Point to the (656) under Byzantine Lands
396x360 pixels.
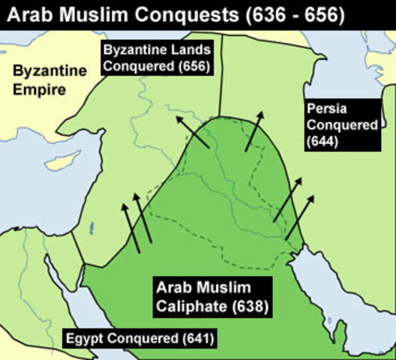193,66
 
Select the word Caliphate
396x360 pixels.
187,307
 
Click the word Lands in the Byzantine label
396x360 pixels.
185,50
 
